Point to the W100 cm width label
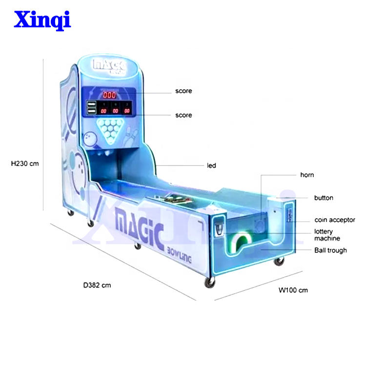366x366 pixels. pyautogui.click(x=293, y=290)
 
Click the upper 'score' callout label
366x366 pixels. pyautogui.click(x=184, y=91)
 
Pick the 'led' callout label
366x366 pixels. pyautogui.click(x=211, y=166)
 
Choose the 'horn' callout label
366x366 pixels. pyautogui.click(x=306, y=175)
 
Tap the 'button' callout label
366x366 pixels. pyautogui.click(x=324, y=198)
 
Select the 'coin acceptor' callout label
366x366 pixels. pyautogui.click(x=335, y=220)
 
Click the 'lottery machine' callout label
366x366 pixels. pyautogui.click(x=327, y=235)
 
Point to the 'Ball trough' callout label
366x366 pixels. pyautogui.click(x=330, y=250)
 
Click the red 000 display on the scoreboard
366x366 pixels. pyautogui.click(x=109, y=95)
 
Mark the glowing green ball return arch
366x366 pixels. pyautogui.click(x=242, y=241)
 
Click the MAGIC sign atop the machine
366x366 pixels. pyautogui.click(x=110, y=66)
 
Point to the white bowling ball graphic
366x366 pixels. pyautogui.click(x=91, y=140)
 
